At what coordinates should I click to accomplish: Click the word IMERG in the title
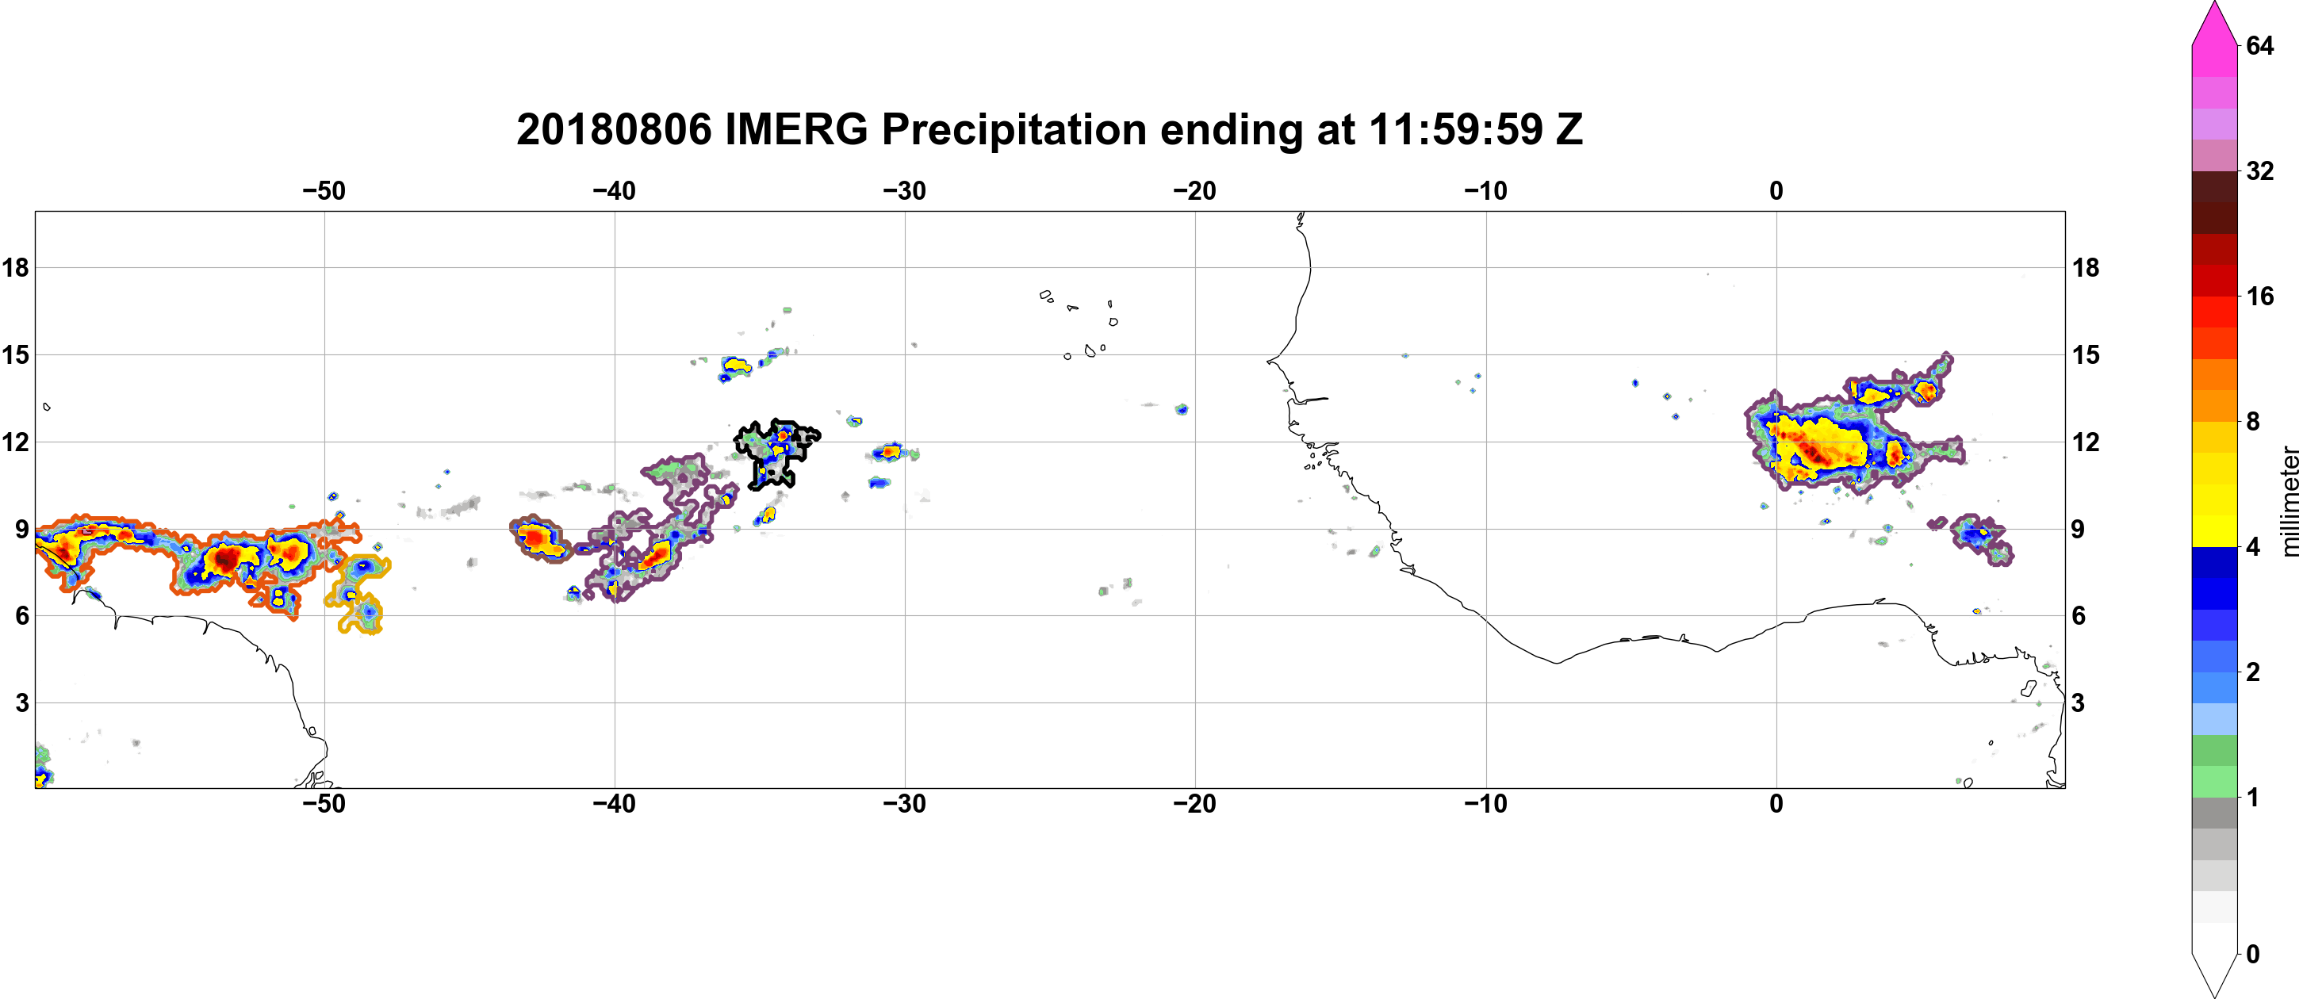795,129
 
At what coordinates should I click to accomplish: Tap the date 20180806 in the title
613,129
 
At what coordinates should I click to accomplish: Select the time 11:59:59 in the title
1455,129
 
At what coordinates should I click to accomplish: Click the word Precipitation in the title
1014,129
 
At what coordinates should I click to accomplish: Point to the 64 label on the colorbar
2259,45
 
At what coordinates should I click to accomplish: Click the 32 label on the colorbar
2259,170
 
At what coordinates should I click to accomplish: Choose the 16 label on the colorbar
2259,296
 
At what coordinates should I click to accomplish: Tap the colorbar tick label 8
2252,421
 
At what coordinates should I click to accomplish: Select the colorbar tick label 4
2252,546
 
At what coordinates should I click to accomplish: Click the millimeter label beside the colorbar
2290,501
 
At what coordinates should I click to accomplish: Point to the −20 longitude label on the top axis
1194,190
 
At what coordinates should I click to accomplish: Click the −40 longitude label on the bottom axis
613,803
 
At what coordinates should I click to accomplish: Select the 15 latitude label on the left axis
15,354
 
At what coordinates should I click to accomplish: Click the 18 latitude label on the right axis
2086,267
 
